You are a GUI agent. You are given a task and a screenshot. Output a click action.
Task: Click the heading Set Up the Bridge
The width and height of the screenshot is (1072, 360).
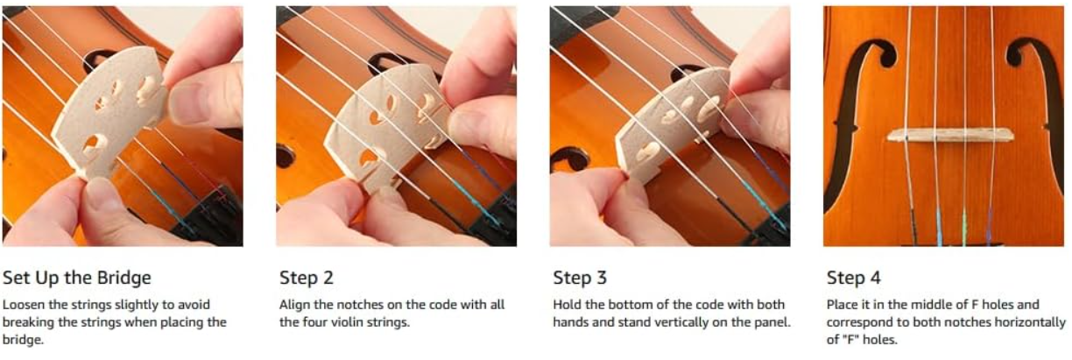[x=77, y=278]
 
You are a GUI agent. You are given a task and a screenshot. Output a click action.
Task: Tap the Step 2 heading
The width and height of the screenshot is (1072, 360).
[x=307, y=278]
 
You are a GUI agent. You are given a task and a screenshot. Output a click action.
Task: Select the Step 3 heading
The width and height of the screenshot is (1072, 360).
[x=580, y=278]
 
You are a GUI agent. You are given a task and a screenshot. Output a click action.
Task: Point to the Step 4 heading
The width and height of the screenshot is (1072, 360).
[x=854, y=278]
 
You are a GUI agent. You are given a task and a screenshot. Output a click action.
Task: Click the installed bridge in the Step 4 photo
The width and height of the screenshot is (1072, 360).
[x=950, y=135]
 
